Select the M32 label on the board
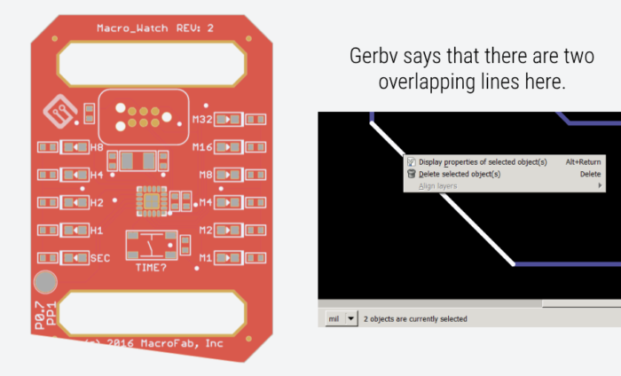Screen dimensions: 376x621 pos(202,119)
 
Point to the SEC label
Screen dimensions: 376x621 pos(99,258)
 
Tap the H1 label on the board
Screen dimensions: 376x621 pos(97,231)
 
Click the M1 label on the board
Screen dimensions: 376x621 pos(205,258)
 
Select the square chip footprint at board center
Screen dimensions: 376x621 pos(152,201)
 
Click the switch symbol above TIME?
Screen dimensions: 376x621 pos(151,243)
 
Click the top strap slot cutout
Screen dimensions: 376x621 pos(152,62)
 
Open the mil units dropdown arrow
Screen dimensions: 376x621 pos(351,318)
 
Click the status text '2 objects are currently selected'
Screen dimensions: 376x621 pos(414,318)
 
